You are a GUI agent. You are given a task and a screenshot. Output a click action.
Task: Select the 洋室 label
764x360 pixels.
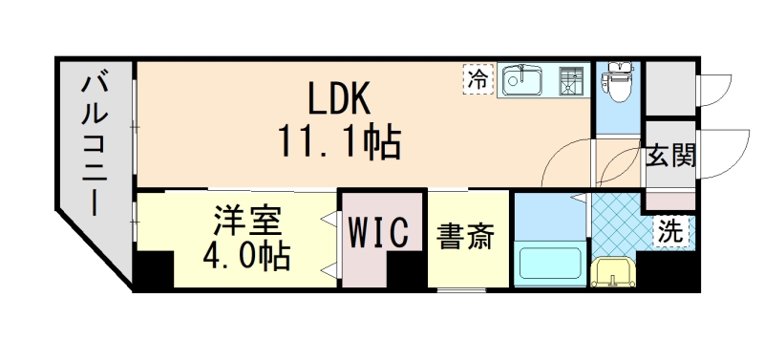[246, 221]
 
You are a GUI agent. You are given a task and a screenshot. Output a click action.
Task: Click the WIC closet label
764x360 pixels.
[379, 232]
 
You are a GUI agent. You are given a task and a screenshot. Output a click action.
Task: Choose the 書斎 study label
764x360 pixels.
[467, 236]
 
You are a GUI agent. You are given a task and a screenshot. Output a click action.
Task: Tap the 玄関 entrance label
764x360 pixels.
[669, 155]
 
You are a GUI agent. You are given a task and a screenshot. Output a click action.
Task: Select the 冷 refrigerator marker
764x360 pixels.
[478, 79]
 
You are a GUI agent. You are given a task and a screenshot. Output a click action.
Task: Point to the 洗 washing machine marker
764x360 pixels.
[672, 230]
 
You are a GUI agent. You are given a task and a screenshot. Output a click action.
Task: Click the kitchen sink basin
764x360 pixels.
[523, 80]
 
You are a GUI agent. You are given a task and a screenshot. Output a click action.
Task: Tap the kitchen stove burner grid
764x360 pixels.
[571, 80]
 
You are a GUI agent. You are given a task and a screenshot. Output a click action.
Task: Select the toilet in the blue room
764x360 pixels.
[616, 86]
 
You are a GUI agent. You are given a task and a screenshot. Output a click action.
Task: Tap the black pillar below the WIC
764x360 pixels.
[406, 274]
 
